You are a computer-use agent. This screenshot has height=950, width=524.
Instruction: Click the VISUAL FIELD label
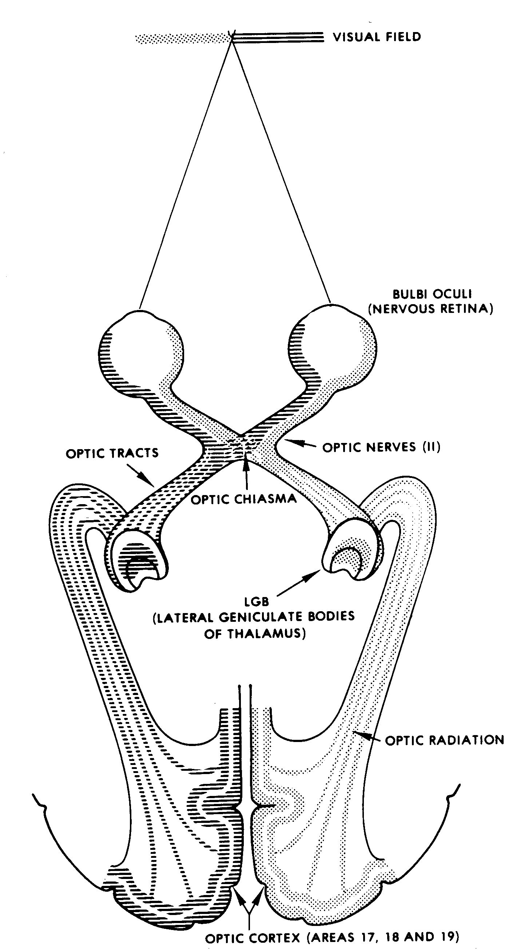click(377, 37)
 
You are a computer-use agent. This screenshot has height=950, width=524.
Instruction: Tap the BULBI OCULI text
click(432, 294)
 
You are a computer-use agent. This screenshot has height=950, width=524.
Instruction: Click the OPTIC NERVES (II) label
click(381, 447)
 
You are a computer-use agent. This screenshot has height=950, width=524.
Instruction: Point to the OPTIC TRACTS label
click(112, 453)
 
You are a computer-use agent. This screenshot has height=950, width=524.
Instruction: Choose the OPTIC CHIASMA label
click(243, 499)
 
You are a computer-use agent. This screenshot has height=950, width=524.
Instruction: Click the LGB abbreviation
click(257, 602)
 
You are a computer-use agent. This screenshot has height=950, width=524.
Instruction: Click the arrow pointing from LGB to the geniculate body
click(298, 583)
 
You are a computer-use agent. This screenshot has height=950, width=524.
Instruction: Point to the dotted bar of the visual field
click(182, 38)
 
